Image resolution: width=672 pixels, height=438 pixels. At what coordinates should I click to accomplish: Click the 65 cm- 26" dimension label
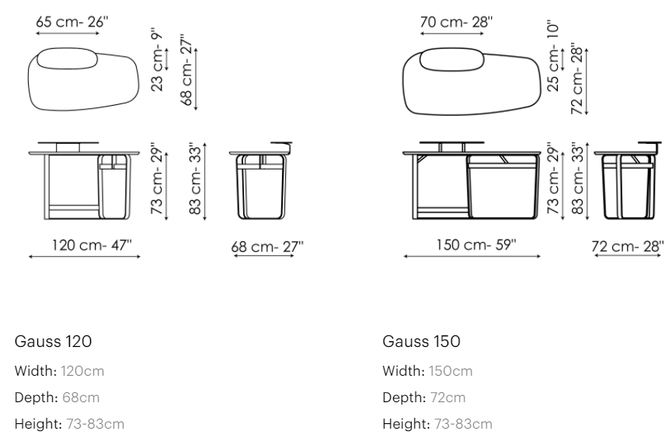pos(72,22)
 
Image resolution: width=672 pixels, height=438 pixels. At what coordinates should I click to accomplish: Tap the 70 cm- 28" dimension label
pos(457,22)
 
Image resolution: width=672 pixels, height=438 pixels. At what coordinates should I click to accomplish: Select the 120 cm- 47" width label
pos(92,245)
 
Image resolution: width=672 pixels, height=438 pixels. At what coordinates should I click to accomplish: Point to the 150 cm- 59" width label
pos(476,244)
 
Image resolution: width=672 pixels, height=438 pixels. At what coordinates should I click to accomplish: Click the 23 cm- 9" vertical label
pos(157,60)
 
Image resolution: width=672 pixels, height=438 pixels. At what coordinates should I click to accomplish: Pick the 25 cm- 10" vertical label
pos(553,55)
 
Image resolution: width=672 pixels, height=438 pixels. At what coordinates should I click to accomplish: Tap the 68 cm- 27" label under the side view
pos(267,247)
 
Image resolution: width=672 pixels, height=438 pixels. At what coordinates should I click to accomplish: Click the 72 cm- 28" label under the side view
pos(628,247)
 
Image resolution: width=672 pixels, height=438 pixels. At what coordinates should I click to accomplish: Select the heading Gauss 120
pos(53,342)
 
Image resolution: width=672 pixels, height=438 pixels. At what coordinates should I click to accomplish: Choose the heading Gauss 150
pos(421,342)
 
